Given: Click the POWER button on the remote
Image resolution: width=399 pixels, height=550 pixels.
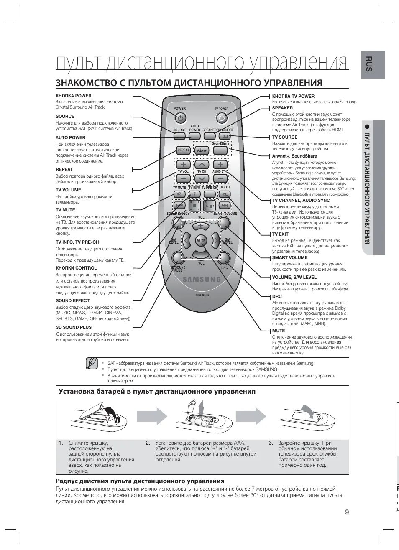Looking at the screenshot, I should pos(180,118).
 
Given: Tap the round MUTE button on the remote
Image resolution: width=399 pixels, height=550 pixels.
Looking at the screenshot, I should pos(201,241).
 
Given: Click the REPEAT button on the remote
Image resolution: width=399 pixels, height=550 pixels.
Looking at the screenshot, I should pos(183,150).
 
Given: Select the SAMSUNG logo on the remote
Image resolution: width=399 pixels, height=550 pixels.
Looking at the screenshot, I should pos(201,280).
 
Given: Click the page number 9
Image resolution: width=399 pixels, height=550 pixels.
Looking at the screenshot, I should pos(347,512).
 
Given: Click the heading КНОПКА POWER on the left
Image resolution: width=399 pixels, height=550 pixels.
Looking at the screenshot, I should pos(74,96).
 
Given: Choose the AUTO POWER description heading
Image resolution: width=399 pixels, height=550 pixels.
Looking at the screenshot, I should pos(70,137).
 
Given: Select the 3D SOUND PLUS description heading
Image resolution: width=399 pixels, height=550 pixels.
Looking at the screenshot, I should pos(74,327).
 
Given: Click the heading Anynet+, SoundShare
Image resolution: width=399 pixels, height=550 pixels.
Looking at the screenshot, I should pos(294,156).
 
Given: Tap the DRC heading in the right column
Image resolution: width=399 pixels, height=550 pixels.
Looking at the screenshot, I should pos(277,296).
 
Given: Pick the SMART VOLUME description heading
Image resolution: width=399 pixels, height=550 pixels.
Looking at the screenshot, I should pos(290,257).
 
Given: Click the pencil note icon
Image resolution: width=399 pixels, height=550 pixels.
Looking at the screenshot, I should pos(92,364).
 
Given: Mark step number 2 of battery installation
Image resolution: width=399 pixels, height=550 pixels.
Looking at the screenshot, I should pos(148,443).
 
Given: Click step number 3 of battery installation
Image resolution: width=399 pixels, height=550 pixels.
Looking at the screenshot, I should pos(271,443).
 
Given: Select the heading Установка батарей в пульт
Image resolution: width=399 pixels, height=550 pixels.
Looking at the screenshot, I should pos(157,392).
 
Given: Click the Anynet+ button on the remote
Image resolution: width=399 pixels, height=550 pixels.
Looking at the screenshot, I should pos(201,150).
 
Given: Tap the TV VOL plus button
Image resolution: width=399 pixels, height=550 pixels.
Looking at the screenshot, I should pos(183,165).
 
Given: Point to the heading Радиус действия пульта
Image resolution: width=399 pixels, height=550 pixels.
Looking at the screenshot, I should pos(140,481).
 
